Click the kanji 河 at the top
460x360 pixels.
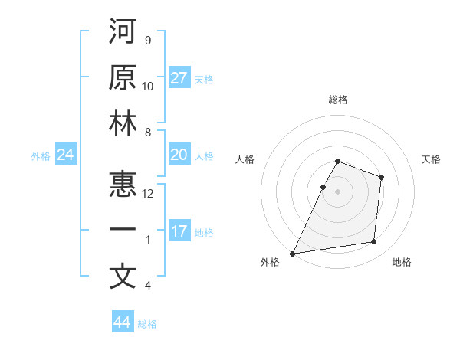[x=123, y=33]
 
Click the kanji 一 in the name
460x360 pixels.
[x=123, y=231]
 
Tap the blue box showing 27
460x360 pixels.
[x=179, y=78]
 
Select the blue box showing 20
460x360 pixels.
[x=179, y=155]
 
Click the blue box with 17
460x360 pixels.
[x=179, y=231]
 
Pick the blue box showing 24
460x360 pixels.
[x=66, y=155]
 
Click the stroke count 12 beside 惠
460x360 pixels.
[x=148, y=193]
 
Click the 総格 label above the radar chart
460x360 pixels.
[x=337, y=100]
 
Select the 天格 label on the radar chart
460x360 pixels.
[x=432, y=159]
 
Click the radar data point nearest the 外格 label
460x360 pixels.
[x=292, y=253]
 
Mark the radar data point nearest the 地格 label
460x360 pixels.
[x=374, y=242]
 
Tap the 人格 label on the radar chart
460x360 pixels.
[x=245, y=159]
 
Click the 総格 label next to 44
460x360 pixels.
[x=147, y=324]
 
